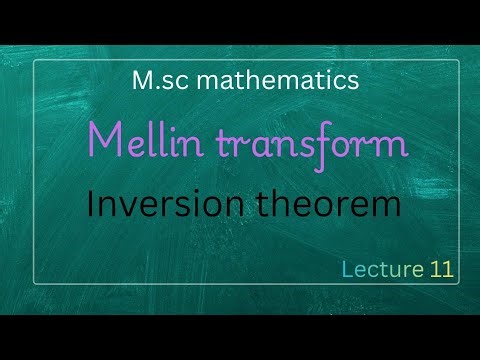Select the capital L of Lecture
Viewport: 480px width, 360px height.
pos(347,268)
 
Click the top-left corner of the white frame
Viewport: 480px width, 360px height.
pos(35,61)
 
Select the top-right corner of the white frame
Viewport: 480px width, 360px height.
pos(459,61)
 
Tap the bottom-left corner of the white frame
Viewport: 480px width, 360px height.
pos(35,285)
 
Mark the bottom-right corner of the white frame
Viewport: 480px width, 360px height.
pos(459,285)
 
